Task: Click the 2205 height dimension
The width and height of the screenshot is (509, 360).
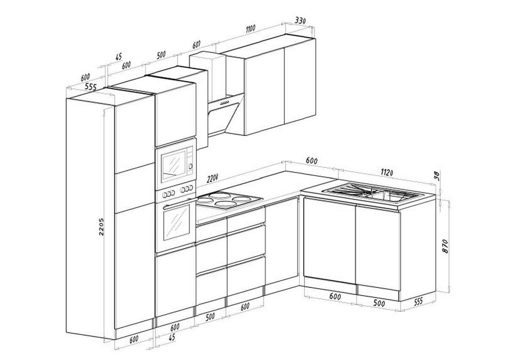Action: point(101,227)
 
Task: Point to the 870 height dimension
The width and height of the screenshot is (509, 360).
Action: point(445,246)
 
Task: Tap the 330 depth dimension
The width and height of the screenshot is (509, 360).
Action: point(300,21)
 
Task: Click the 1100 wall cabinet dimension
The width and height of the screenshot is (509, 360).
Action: point(251,28)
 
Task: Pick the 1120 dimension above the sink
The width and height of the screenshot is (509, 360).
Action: point(387,173)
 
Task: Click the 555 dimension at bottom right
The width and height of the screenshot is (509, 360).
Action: point(418,301)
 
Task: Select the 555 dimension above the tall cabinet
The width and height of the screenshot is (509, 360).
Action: point(90,87)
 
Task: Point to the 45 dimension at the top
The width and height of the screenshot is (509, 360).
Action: point(118,56)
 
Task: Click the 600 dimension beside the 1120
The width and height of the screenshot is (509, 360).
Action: point(311,161)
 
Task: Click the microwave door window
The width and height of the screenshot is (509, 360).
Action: point(174,165)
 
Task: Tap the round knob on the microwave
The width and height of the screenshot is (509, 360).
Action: point(190,166)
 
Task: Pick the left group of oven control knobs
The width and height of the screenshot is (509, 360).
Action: point(168,194)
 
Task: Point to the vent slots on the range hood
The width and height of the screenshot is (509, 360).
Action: point(224,103)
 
